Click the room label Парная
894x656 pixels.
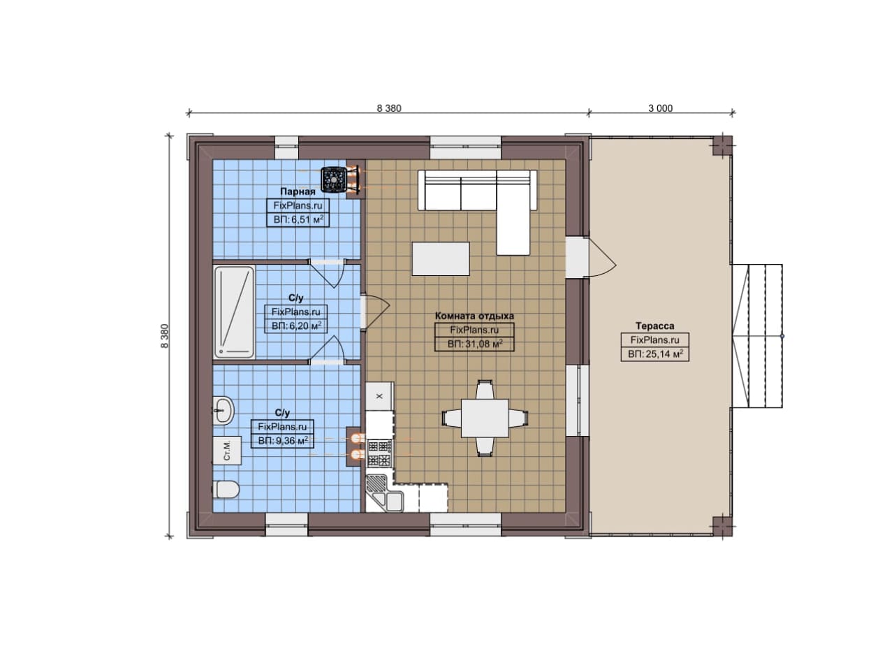(x=298, y=191)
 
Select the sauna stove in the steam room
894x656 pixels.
(x=333, y=180)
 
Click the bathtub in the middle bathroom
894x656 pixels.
(x=235, y=312)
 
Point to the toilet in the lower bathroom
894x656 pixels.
(x=226, y=490)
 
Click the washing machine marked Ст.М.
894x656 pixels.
(x=227, y=451)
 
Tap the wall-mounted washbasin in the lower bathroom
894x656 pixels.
(x=223, y=409)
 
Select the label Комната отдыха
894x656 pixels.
(x=474, y=316)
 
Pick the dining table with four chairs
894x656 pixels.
(x=485, y=418)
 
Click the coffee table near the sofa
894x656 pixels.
(x=441, y=258)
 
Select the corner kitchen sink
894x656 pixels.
(x=385, y=493)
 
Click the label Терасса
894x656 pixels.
(x=655, y=326)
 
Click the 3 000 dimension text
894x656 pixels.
(x=661, y=108)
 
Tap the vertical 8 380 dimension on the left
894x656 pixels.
(x=165, y=336)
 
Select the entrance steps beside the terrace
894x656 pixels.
(x=756, y=336)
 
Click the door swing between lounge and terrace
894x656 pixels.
(x=602, y=256)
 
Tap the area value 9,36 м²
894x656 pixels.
(x=283, y=441)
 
